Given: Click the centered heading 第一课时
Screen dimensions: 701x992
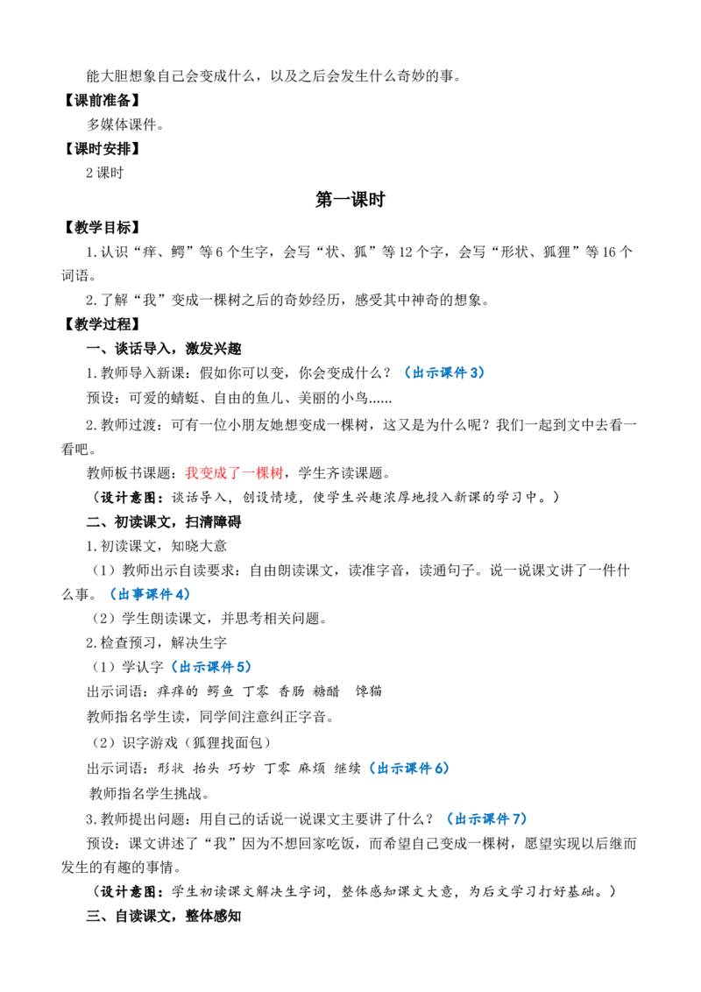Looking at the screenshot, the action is click(x=350, y=200).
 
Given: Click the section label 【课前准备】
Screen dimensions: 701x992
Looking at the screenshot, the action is click(x=102, y=101).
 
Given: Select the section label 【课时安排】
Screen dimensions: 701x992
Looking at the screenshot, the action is click(x=102, y=149).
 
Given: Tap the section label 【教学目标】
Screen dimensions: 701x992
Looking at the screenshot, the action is click(x=102, y=228).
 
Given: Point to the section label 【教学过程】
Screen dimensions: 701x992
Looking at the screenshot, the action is click(x=102, y=324).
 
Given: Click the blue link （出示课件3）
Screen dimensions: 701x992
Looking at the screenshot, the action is click(x=444, y=372).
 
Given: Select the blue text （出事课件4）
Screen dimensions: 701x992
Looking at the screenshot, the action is click(x=149, y=594).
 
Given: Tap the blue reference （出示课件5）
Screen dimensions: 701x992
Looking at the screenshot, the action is click(x=211, y=667).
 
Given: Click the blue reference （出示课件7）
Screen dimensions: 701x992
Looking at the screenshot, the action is click(x=486, y=818).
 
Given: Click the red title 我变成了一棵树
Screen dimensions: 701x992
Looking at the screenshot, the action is click(x=234, y=472).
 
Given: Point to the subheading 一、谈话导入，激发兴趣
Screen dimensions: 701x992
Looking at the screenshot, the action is click(x=164, y=349).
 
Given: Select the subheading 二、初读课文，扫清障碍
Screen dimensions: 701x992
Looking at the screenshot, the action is click(x=164, y=522).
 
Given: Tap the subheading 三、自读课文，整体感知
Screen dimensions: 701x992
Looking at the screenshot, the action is click(x=164, y=916).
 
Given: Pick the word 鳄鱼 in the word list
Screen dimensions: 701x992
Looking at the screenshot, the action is click(x=220, y=691).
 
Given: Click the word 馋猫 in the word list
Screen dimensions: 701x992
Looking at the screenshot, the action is click(x=368, y=691).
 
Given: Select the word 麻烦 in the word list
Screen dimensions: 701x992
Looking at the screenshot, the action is click(x=311, y=768).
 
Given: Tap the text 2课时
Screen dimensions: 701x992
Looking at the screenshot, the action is click(x=105, y=174).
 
